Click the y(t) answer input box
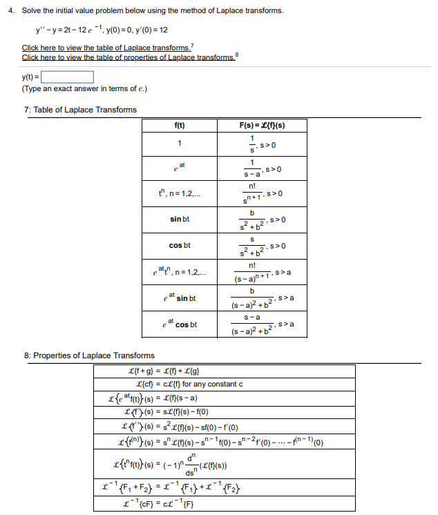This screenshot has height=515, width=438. pyautogui.click(x=70, y=77)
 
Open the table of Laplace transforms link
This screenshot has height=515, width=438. pyautogui.click(x=106, y=48)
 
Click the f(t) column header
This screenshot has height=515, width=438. pyautogui.click(x=180, y=125)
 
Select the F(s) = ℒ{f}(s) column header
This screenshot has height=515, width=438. pyautogui.click(x=263, y=125)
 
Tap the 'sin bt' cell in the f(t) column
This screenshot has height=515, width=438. pyautogui.click(x=180, y=220)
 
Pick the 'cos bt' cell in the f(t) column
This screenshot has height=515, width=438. pyautogui.click(x=180, y=245)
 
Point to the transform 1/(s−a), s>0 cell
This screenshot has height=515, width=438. pyautogui.click(x=263, y=168)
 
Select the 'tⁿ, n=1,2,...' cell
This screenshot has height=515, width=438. pyautogui.click(x=180, y=194)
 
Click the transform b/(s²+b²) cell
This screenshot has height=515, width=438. pyautogui.click(x=263, y=220)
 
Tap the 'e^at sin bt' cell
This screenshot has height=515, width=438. pyautogui.click(x=180, y=298)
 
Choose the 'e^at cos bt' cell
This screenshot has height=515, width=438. pyautogui.click(x=180, y=324)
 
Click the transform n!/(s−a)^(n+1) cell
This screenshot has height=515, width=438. pyautogui.click(x=263, y=273)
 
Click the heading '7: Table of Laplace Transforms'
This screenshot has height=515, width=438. pyautogui.click(x=80, y=110)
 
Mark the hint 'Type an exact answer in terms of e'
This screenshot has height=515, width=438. pyautogui.click(x=84, y=89)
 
